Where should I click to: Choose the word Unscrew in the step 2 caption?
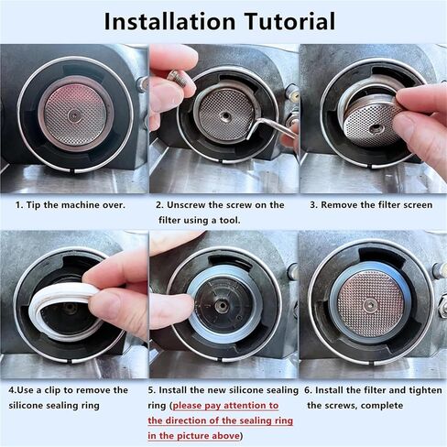(189, 204)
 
